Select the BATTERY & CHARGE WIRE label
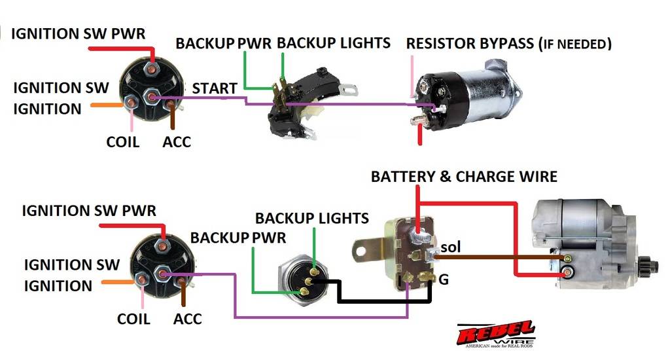coord(464,176)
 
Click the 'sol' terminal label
coord(451,248)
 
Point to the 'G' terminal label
coord(444,279)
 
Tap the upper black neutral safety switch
coord(301,101)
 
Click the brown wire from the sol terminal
coord(497,257)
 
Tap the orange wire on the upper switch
coord(105,103)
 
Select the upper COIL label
coord(124,141)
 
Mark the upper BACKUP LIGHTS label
coord(334,43)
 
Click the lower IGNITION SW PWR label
coord(89,211)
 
